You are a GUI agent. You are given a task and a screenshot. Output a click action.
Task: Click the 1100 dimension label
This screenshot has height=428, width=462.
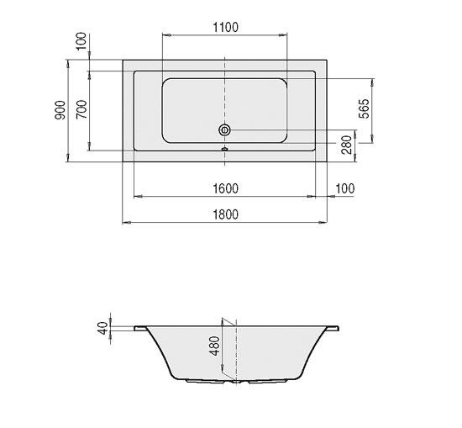(224, 27)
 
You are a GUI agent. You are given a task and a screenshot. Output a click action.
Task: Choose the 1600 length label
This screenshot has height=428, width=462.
(224, 188)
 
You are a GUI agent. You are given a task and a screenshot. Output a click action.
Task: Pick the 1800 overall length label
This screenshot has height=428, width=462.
(224, 214)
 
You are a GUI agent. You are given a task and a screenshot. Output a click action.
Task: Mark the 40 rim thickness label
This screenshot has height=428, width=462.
(103, 328)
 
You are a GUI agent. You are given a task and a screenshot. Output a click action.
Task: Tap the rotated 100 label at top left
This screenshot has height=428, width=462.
(81, 41)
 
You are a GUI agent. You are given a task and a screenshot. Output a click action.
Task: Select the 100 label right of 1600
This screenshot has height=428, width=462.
(345, 188)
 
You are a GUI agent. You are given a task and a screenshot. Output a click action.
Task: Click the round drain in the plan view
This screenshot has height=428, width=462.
(224, 130)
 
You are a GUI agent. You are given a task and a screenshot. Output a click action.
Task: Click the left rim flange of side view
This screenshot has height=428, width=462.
(139, 327)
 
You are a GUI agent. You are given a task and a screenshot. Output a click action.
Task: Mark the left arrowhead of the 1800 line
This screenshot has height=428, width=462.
(125, 223)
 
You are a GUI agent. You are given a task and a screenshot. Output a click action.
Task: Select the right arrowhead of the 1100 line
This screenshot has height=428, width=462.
(286, 35)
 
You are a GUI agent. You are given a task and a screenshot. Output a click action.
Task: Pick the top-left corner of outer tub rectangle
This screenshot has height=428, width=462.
(123, 59)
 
